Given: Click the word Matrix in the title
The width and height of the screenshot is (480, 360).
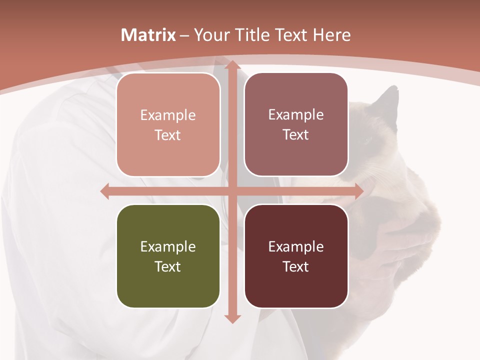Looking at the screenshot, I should click(x=148, y=35).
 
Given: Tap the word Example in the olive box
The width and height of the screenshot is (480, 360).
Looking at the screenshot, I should click(x=168, y=246).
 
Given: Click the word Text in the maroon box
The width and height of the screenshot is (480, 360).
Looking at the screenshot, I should click(x=296, y=266).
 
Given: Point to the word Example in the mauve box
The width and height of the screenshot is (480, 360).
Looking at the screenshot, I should click(x=296, y=114).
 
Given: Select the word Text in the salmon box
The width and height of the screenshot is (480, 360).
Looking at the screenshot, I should click(x=168, y=135).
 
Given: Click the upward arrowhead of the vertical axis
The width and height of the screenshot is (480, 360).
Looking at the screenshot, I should click(x=231, y=65).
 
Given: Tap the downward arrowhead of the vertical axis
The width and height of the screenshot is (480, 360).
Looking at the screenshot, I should click(x=231, y=318).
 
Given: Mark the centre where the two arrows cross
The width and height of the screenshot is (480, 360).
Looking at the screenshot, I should click(x=231, y=191).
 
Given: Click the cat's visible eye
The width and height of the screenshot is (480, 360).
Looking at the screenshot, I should click(x=368, y=141).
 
